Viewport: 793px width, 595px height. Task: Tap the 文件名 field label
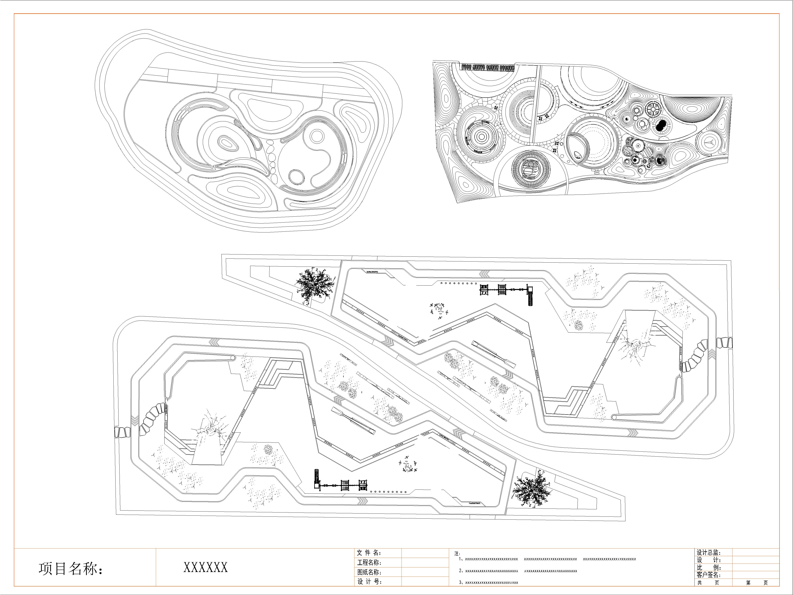tap(369, 553)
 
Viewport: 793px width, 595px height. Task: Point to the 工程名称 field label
tap(369, 562)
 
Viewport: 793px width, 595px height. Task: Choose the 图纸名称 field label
tap(369, 572)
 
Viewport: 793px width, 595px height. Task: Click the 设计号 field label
tap(369, 582)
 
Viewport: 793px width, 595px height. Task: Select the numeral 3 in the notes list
tap(460, 583)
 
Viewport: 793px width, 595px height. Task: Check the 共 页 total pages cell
tap(708, 583)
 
